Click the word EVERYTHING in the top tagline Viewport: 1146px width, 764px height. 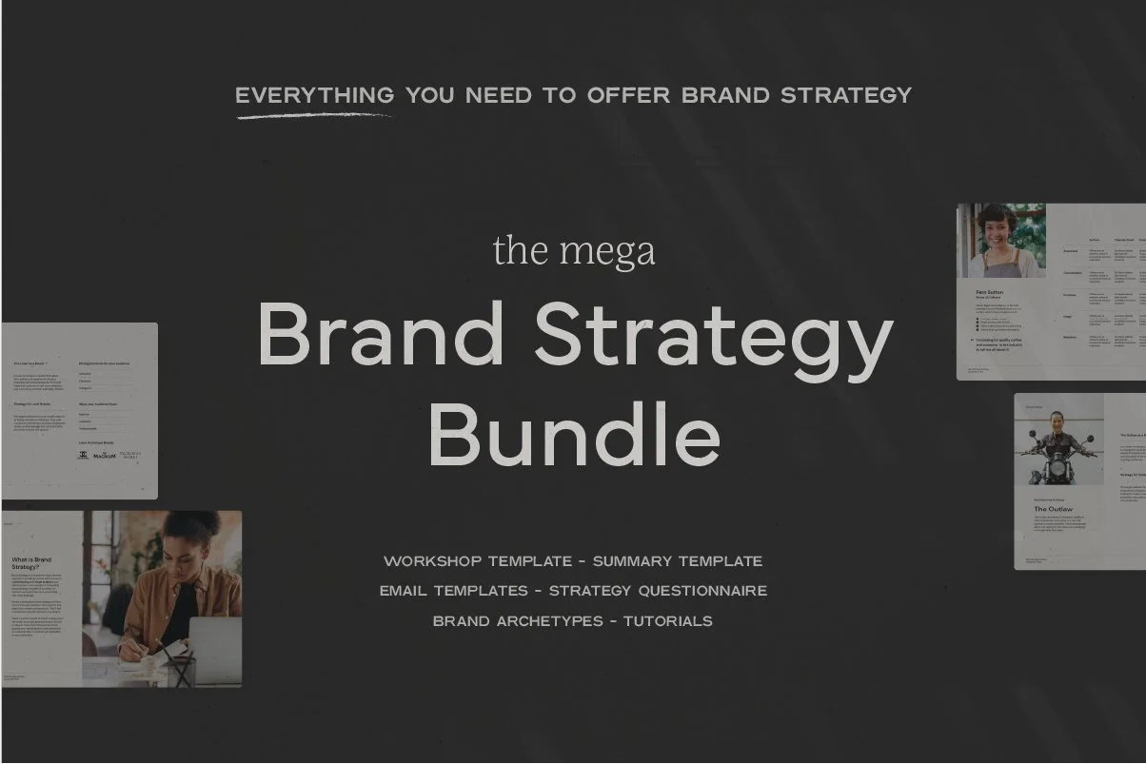(x=314, y=95)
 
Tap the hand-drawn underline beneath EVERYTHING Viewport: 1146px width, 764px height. (x=314, y=116)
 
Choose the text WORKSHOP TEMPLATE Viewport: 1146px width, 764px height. (x=478, y=561)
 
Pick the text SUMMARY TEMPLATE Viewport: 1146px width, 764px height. (x=678, y=561)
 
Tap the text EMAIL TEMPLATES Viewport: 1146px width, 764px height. (x=453, y=591)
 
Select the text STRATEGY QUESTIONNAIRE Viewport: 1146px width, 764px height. (x=659, y=591)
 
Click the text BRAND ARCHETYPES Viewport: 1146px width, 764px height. (x=518, y=621)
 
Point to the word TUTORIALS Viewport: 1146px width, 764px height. (x=668, y=621)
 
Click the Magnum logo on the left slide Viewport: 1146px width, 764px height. (x=104, y=456)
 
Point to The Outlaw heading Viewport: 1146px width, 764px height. (x=1054, y=509)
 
